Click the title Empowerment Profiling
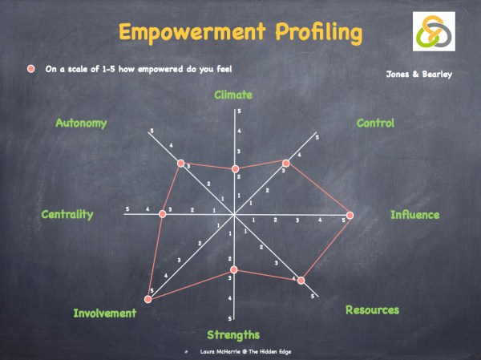(240, 33)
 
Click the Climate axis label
(233, 95)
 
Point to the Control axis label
(375, 123)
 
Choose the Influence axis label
(414, 215)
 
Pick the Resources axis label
(372, 309)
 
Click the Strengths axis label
(233, 334)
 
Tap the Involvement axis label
(105, 313)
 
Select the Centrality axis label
(67, 214)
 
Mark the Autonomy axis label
(81, 123)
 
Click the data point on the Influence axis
(350, 215)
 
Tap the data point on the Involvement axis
(148, 299)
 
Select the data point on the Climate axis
(235, 168)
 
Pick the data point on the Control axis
(286, 164)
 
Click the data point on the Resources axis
(301, 280)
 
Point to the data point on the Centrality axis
(161, 212)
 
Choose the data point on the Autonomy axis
(181, 164)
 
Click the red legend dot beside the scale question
(31, 69)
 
